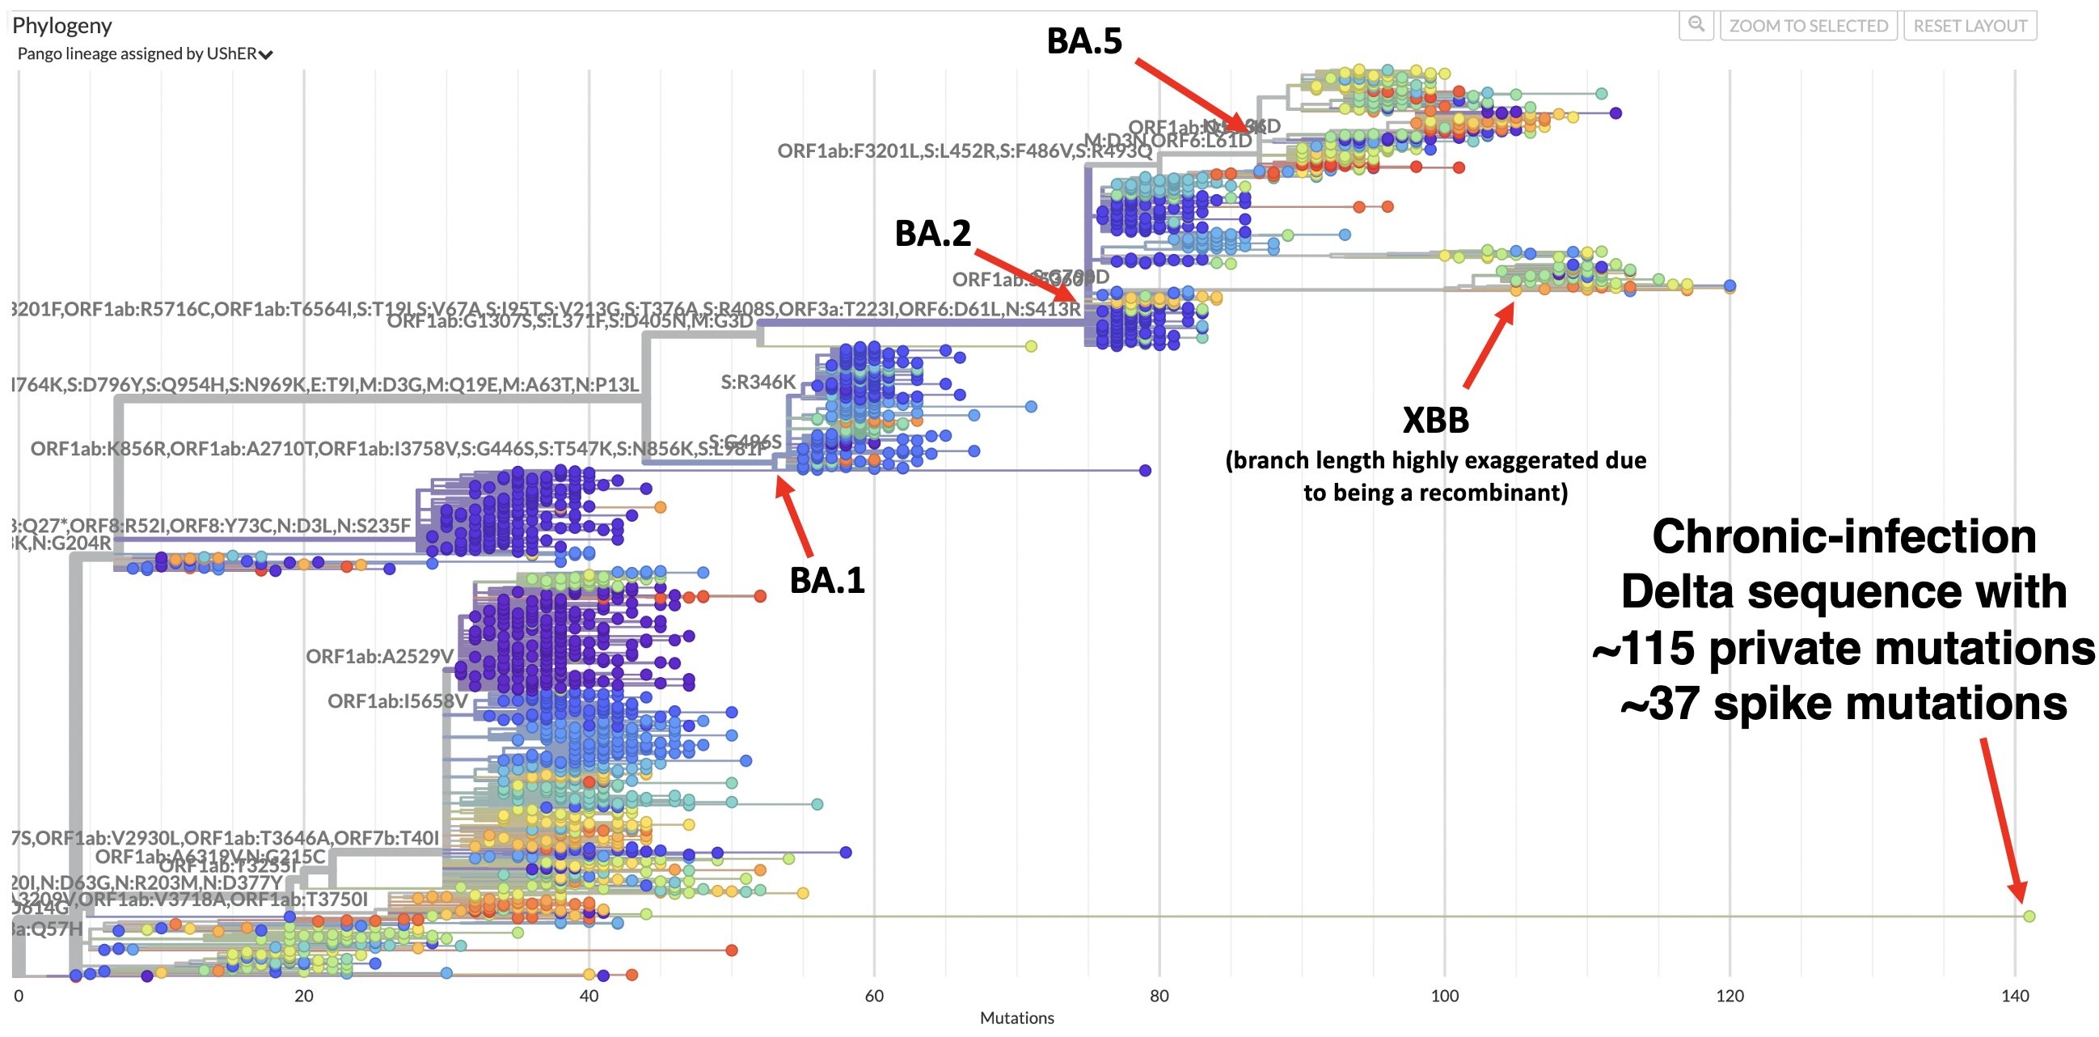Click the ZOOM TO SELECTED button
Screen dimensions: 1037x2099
pos(1808,26)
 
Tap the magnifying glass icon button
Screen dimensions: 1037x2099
pos(1696,25)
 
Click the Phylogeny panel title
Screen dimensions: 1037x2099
pos(62,26)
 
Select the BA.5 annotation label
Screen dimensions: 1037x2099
pos(1083,41)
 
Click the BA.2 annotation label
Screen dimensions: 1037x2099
pos(932,234)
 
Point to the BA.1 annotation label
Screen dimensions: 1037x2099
pos(826,581)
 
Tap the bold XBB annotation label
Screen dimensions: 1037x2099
pos(1435,421)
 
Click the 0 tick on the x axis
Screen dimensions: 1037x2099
pos(19,996)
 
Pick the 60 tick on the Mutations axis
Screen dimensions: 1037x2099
pos(873,996)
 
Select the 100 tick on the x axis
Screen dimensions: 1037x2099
pos(1444,996)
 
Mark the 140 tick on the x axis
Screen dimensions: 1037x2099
pos(2014,996)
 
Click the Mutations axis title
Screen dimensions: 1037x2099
pos(1016,1018)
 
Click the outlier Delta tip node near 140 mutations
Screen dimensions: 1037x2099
pos(2029,916)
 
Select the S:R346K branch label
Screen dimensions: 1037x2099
pos(758,383)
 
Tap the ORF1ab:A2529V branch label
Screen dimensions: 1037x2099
pos(379,656)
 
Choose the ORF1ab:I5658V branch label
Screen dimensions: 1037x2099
pos(398,701)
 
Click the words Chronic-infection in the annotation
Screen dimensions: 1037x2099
pos(1843,537)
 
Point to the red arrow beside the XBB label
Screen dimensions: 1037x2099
pos(1489,345)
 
